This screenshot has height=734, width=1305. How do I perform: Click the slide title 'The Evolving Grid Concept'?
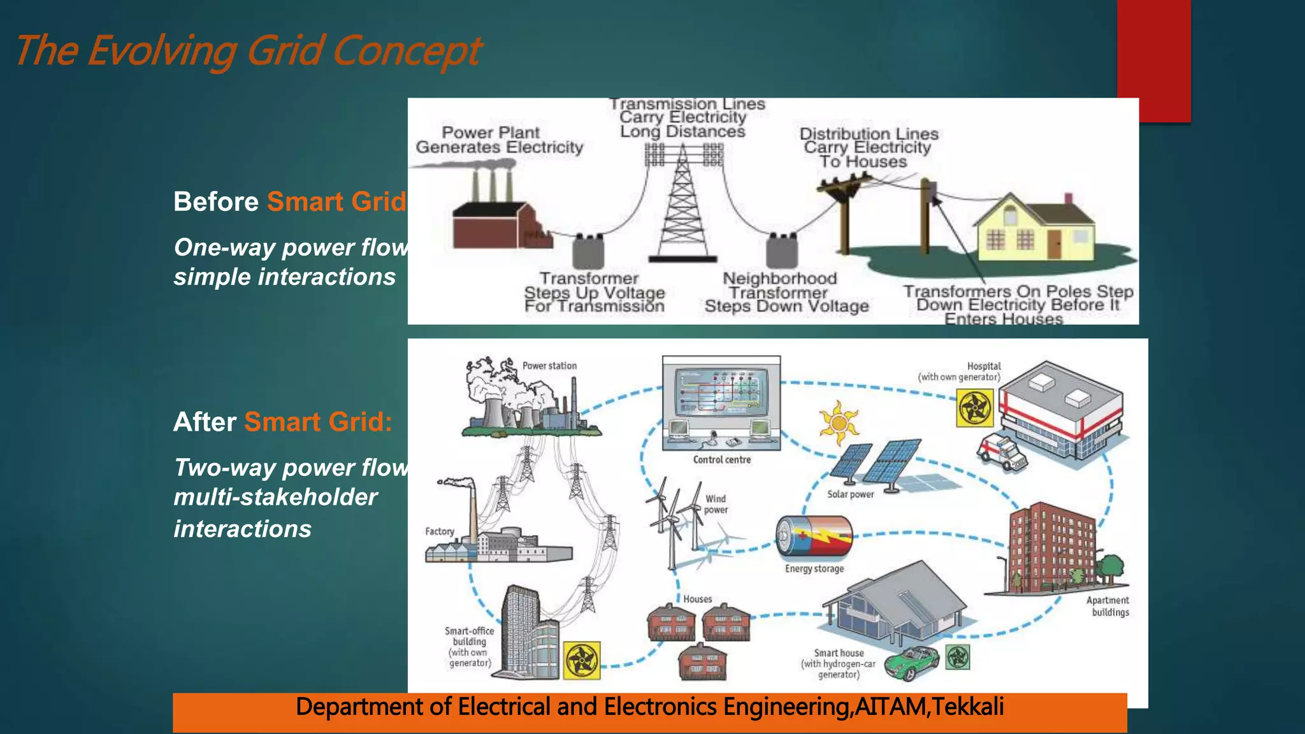pos(247,51)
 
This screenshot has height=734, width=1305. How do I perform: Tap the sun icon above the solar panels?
pos(839,422)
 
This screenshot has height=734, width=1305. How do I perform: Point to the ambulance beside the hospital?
pos(1001,451)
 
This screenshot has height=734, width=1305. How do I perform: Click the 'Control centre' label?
pos(721,459)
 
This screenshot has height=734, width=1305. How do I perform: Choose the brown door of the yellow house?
pos(1054,243)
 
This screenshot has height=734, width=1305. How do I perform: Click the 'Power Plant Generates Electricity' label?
pos(499,140)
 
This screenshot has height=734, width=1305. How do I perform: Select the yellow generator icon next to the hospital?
pos(974,408)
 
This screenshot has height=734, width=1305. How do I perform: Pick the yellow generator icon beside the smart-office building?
pos(582,660)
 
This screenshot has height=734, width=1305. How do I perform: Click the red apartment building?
pos(1051,548)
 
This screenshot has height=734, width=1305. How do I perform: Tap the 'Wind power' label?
pos(716,504)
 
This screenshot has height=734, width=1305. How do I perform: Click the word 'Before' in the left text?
pos(215,202)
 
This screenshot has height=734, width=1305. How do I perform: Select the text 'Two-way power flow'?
pos(291,468)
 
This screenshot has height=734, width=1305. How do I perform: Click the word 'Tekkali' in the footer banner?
pos(968,707)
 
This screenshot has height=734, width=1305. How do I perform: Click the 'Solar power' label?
pos(850,494)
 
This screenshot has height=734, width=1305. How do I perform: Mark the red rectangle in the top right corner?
pos(1153,61)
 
